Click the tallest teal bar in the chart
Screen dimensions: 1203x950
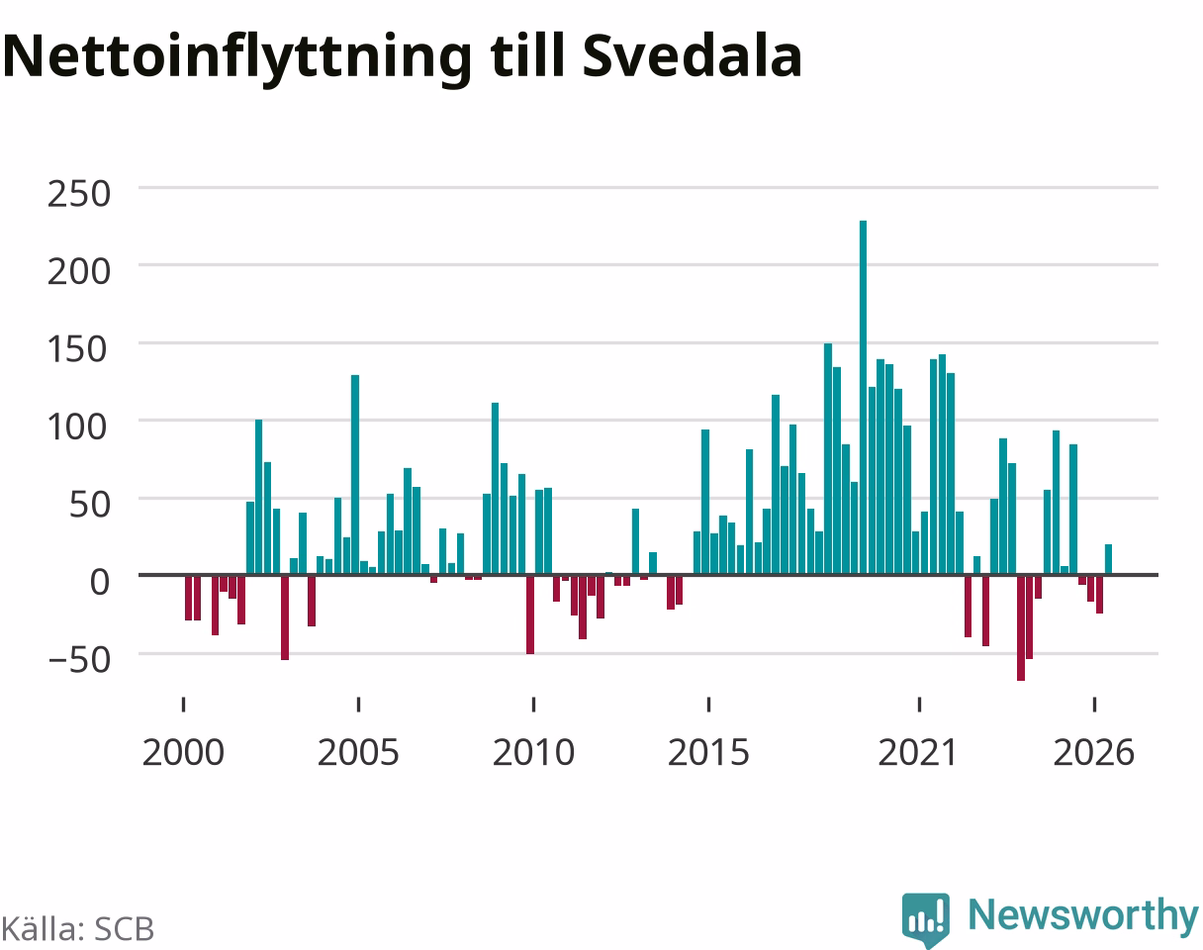click(863, 397)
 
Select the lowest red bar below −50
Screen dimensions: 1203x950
click(1020, 627)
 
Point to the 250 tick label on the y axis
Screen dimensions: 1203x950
click(79, 194)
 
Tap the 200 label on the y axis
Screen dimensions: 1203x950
click(79, 272)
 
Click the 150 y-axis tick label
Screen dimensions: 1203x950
click(77, 349)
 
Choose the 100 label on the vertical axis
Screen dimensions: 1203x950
click(77, 427)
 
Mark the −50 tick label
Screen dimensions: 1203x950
click(79, 660)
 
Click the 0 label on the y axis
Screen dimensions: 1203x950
click(100, 582)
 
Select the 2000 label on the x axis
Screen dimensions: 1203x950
click(183, 753)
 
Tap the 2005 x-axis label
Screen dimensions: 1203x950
click(358, 753)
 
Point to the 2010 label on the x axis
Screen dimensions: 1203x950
click(533, 753)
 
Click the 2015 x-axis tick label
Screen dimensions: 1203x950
click(708, 753)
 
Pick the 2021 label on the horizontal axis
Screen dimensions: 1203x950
click(918, 753)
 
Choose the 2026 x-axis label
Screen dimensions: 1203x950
click(1094, 753)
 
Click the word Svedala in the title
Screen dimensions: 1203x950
click(693, 56)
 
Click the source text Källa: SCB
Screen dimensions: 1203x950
click(78, 928)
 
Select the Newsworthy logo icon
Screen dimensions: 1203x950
click(926, 919)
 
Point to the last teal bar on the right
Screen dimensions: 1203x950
click(1108, 559)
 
